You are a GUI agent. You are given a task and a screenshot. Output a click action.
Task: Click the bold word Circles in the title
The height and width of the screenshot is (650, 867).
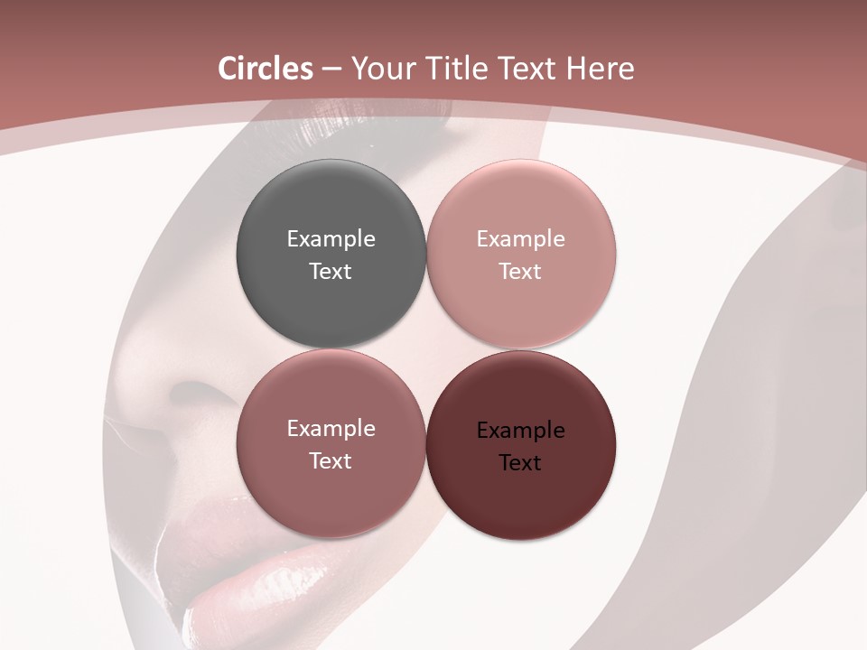266,69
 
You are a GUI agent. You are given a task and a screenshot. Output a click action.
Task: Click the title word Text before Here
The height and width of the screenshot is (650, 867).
532,69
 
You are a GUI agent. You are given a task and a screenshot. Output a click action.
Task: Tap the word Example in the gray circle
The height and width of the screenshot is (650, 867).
331,238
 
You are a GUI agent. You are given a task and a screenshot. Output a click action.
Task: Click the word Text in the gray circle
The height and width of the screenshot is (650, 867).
331,271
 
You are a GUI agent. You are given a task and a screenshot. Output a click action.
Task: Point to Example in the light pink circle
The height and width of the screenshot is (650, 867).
520,238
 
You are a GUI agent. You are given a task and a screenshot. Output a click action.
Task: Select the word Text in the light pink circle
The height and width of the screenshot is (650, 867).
520,271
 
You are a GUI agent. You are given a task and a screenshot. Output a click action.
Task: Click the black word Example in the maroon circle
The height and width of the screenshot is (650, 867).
520,430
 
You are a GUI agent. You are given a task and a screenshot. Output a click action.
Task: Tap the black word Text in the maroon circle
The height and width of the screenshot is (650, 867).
520,462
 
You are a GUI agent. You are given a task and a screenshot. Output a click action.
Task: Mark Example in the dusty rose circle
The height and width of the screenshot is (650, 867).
331,428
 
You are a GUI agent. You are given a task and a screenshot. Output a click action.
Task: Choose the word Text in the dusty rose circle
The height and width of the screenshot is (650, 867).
331,460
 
